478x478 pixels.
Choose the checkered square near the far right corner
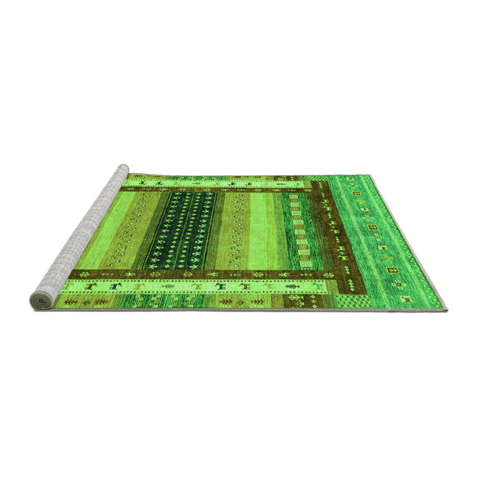pyautogui.click(x=315, y=179)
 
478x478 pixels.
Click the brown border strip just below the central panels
pyautogui.click(x=205, y=274)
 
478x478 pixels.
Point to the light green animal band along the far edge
pyautogui.click(x=219, y=184)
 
